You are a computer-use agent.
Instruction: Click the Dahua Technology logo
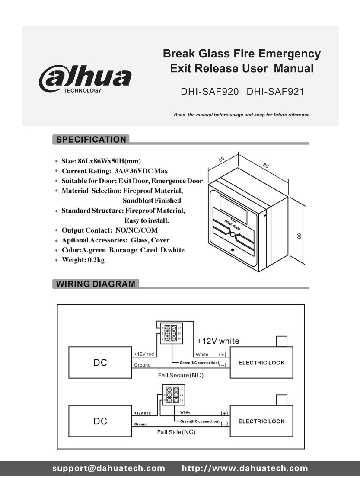(x=85, y=79)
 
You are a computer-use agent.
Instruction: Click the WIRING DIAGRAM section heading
(x=95, y=284)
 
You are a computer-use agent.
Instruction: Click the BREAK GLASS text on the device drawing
(x=233, y=225)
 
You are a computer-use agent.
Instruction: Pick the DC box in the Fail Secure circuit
(x=100, y=363)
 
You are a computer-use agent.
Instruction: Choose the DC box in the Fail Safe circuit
(x=100, y=421)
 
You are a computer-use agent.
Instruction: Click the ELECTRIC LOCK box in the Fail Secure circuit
(x=261, y=363)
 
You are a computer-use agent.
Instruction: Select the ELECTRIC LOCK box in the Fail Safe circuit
(x=261, y=421)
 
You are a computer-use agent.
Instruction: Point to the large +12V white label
(x=218, y=341)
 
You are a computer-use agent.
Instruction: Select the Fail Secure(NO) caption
(x=180, y=375)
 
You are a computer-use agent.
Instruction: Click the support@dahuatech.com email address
(x=108, y=468)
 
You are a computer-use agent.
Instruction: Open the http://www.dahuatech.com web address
(x=245, y=468)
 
